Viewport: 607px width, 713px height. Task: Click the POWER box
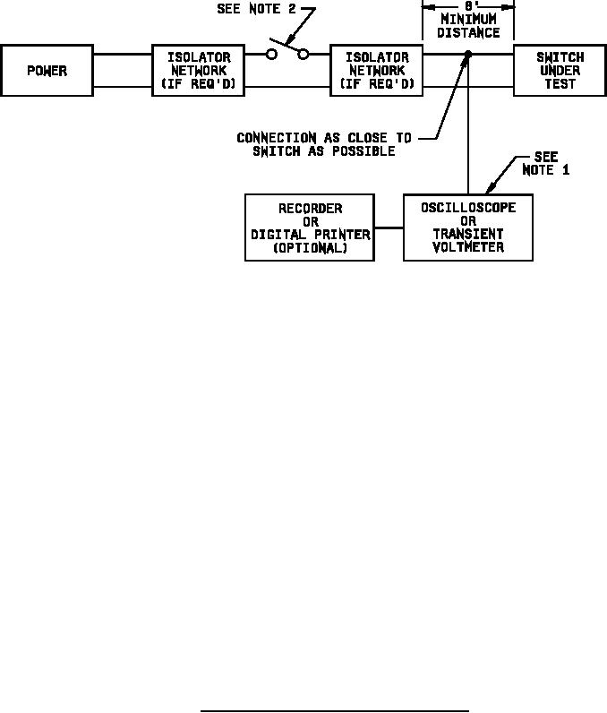coord(46,70)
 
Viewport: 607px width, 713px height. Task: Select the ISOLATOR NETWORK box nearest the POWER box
coord(199,70)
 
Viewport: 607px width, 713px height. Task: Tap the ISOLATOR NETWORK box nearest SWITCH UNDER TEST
coord(377,70)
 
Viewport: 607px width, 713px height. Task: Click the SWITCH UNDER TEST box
coord(560,70)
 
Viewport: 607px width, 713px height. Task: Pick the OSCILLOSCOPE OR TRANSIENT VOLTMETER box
coord(467,228)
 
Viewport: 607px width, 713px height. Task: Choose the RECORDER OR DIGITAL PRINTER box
coord(309,228)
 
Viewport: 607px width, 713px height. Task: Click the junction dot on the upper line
coord(467,56)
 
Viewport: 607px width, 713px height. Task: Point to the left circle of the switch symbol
coord(271,55)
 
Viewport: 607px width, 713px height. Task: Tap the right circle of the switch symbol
coord(303,55)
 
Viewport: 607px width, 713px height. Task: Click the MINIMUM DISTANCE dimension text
coord(468,26)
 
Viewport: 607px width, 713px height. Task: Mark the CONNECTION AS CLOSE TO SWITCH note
coord(323,144)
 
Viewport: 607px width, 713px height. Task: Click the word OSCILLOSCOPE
coord(468,208)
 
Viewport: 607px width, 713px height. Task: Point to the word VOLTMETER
coord(468,247)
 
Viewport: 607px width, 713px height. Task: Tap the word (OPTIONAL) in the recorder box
coord(309,248)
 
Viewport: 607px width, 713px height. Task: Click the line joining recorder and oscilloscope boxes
coord(389,228)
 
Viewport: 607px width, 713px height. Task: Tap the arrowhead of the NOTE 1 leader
coord(489,191)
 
